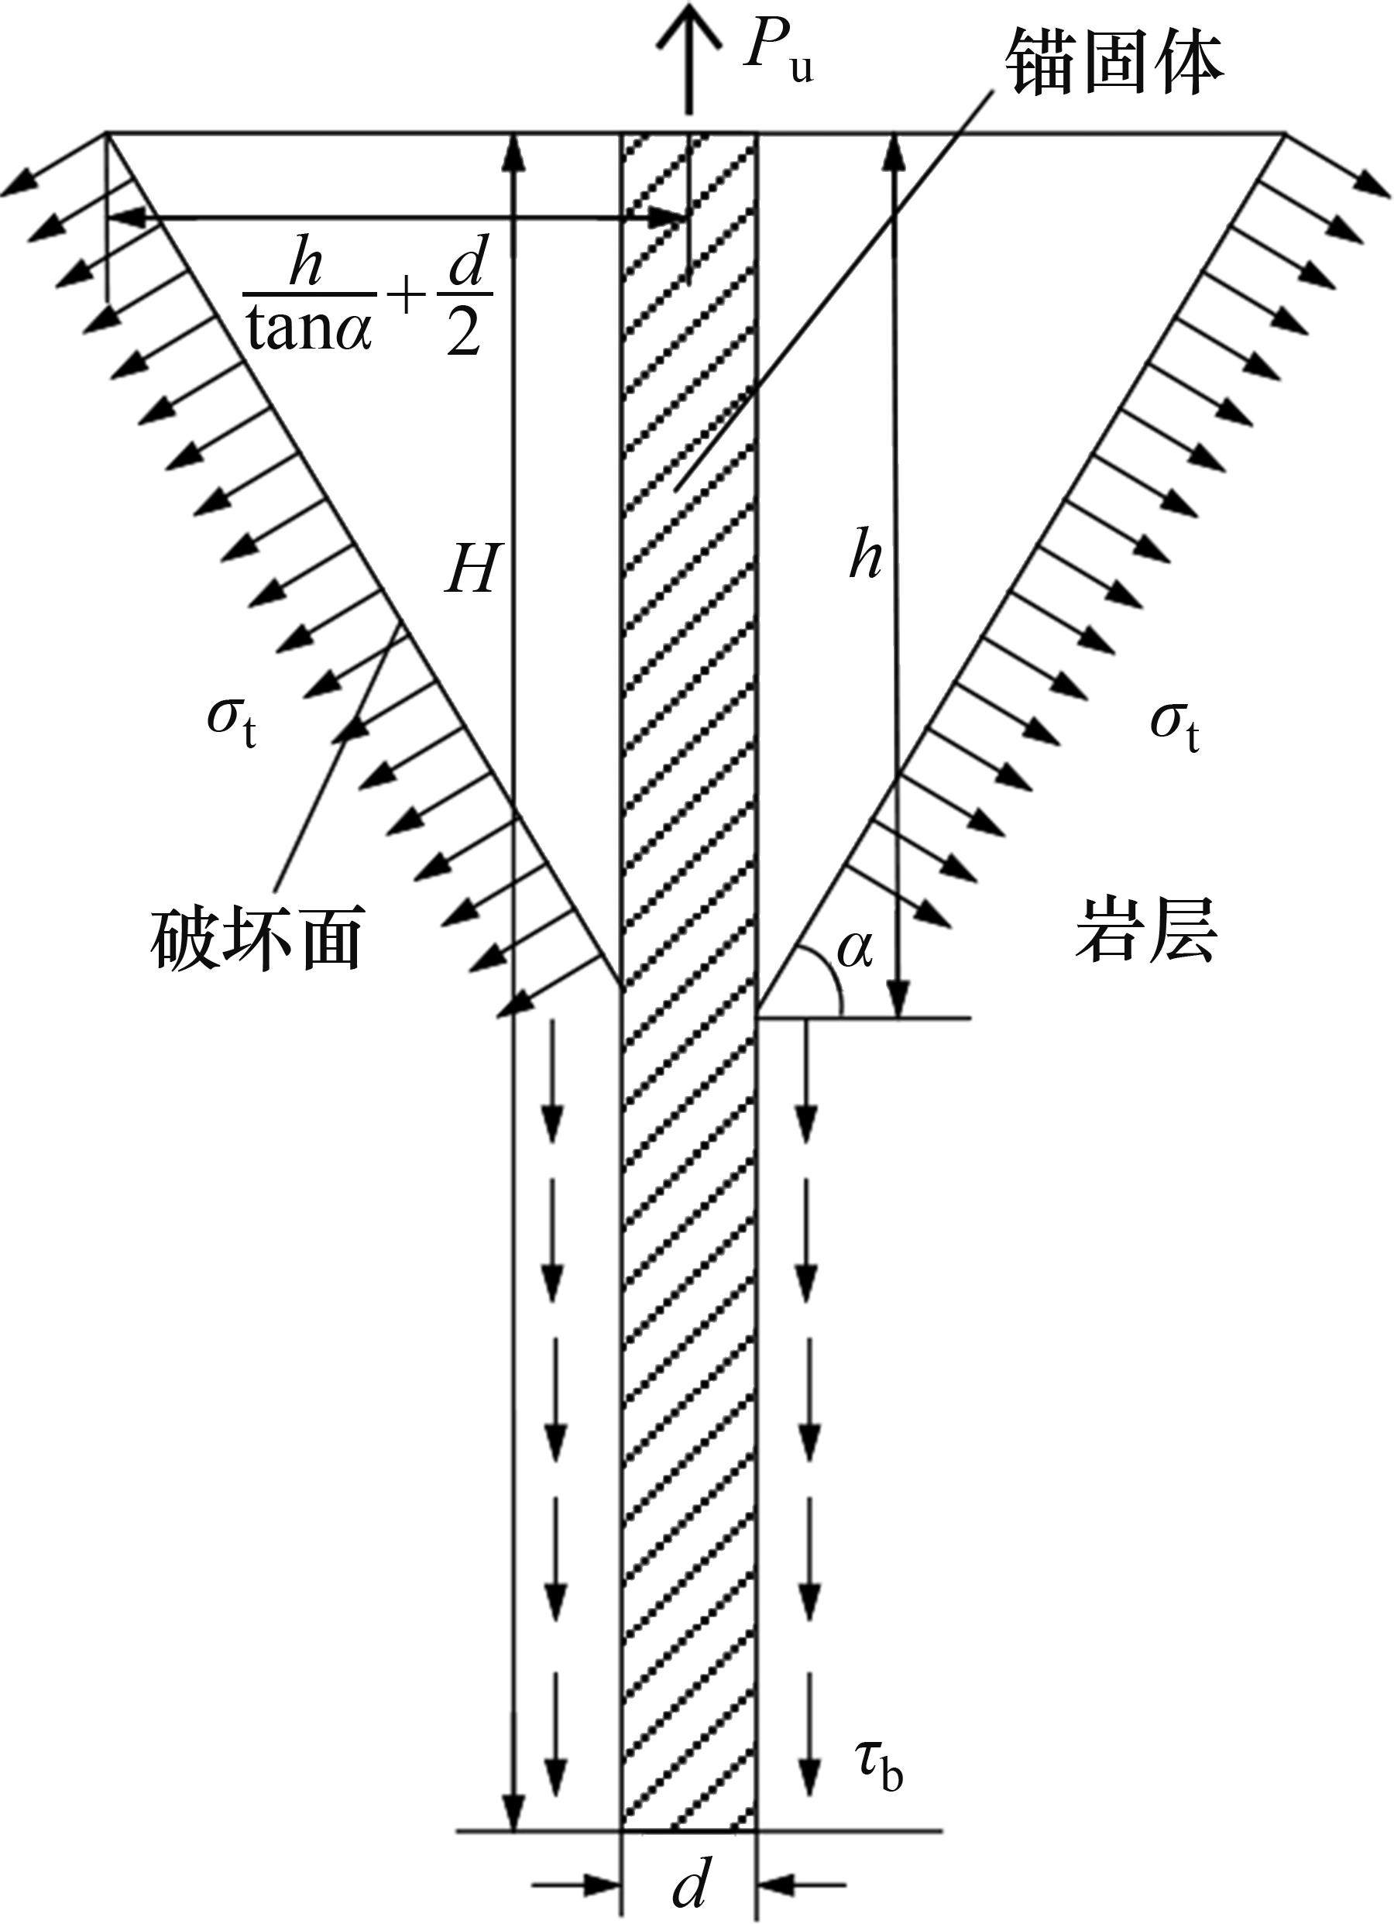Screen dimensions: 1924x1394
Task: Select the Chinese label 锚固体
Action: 1112,64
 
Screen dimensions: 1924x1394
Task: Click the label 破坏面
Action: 257,937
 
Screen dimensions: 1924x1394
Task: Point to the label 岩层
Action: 1145,929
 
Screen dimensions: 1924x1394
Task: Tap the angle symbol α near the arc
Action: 853,950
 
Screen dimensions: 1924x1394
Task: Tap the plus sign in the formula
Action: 407,297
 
